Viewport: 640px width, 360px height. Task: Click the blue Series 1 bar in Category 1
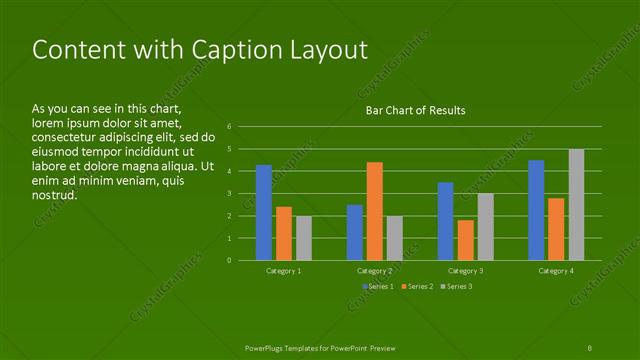264,212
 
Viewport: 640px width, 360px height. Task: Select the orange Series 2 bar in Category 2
374,211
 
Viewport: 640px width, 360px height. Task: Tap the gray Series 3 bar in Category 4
576,204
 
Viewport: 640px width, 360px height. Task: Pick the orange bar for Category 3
465,240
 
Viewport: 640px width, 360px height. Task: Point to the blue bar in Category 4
536,210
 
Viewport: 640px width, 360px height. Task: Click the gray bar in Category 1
304,238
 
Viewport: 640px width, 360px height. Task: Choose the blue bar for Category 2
355,232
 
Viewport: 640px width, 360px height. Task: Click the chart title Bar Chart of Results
415,110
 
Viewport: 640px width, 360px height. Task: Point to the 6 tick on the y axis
230,127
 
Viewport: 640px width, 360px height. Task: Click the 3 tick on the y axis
230,194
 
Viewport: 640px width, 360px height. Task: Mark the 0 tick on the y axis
230,261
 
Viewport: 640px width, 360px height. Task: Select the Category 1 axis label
284,271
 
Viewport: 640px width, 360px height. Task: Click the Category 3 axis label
465,271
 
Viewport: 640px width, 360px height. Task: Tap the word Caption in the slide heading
228,50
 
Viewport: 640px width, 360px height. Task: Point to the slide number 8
590,346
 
